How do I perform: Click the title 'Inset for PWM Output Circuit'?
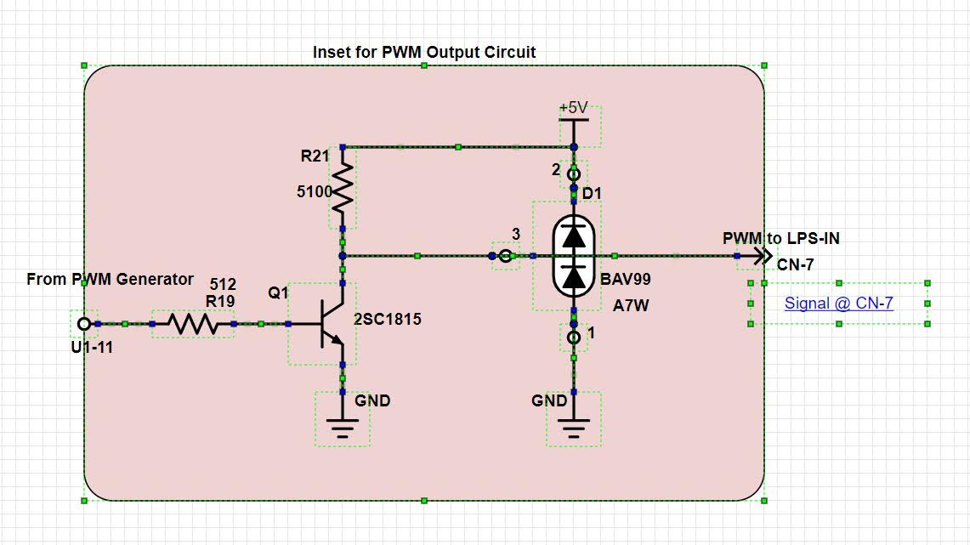(x=424, y=52)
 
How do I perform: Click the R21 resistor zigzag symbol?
(x=343, y=189)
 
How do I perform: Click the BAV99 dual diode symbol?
(x=575, y=255)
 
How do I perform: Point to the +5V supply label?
(x=574, y=108)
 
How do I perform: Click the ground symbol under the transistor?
(x=343, y=425)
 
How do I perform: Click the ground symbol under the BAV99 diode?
(x=574, y=425)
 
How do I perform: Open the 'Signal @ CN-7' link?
(x=838, y=303)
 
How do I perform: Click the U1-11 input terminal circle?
(x=83, y=324)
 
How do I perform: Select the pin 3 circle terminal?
(x=506, y=255)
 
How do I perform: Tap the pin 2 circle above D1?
(x=574, y=174)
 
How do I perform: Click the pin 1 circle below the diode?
(x=574, y=338)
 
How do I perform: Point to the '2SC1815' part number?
(x=389, y=320)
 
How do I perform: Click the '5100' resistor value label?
(x=314, y=192)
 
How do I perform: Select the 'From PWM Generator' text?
(x=110, y=279)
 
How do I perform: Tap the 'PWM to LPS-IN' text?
(x=780, y=238)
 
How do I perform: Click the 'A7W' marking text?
(x=631, y=305)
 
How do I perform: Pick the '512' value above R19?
(x=223, y=284)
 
